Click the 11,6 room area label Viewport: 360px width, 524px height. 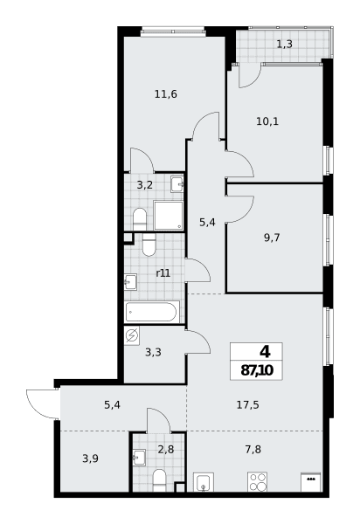[x=165, y=94]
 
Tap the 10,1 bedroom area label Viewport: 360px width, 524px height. [x=267, y=121]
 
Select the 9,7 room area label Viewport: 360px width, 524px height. [x=272, y=238]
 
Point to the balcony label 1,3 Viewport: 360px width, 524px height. [x=285, y=45]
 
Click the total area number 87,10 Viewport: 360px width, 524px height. [x=257, y=370]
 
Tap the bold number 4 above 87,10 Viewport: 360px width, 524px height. [x=265, y=352]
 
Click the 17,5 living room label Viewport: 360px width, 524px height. [x=247, y=405]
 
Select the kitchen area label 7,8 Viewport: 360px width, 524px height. [x=253, y=450]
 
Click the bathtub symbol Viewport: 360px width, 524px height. [x=152, y=312]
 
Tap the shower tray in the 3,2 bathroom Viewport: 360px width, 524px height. [x=169, y=215]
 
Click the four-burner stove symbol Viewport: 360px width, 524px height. [x=257, y=481]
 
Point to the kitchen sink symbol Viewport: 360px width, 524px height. [x=204, y=482]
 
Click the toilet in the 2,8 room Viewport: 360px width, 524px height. [x=159, y=480]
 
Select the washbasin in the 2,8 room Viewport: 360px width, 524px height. [x=139, y=457]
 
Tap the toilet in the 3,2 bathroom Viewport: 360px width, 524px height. [x=140, y=219]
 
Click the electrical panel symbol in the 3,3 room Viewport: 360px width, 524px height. [x=132, y=335]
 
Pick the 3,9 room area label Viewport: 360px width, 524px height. [x=90, y=458]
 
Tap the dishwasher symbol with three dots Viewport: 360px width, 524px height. [x=311, y=482]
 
